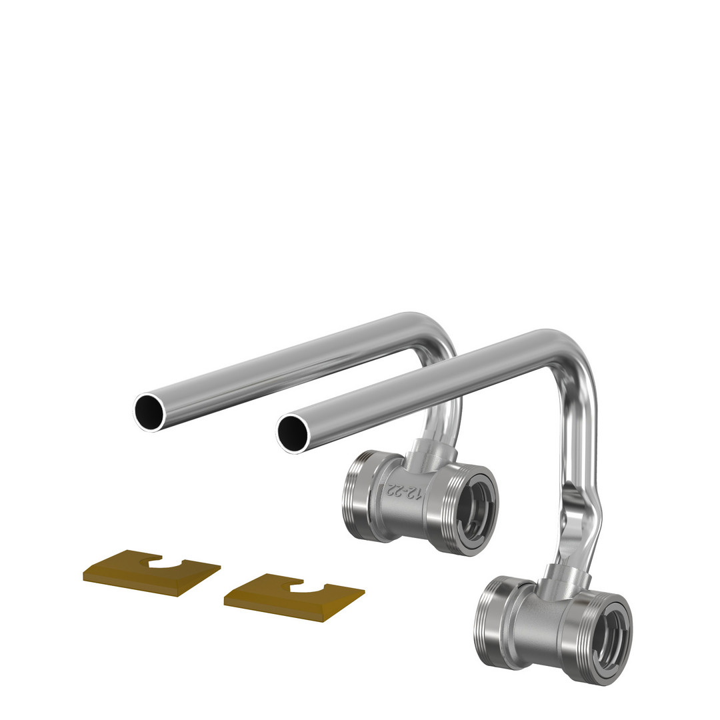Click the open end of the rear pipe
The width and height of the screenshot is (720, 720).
pos(149,412)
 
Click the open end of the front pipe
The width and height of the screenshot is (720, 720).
pos(292,434)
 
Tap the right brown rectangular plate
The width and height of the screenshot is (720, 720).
pos(295,597)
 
